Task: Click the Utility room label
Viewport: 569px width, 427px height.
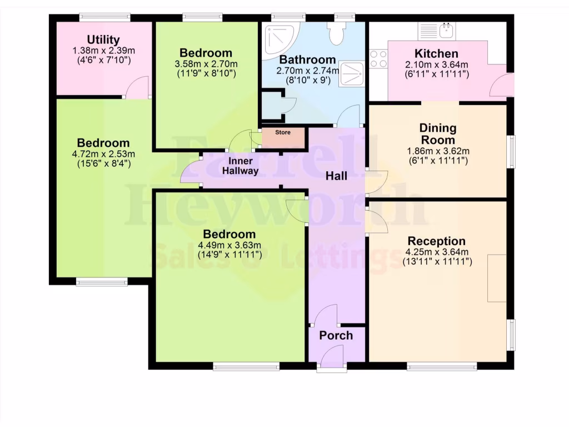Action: (103, 40)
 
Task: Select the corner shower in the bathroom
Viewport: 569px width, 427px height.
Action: (280, 39)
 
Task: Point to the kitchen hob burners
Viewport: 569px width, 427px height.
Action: (378, 59)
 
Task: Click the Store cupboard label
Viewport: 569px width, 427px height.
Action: (283, 133)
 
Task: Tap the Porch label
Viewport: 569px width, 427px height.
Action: (336, 335)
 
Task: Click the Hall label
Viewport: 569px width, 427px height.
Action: (336, 176)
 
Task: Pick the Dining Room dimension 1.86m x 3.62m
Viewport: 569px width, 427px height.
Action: (437, 151)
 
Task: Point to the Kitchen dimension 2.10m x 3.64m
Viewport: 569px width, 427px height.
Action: (437, 64)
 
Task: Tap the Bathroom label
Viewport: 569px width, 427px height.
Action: (307, 59)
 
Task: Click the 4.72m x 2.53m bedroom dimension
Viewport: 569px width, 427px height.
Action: (103, 153)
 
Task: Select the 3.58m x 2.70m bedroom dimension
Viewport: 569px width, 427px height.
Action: (206, 63)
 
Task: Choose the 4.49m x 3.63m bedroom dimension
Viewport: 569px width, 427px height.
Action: (229, 245)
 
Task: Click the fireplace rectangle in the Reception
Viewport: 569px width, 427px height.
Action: (497, 278)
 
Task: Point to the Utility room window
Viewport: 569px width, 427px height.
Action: (104, 17)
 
